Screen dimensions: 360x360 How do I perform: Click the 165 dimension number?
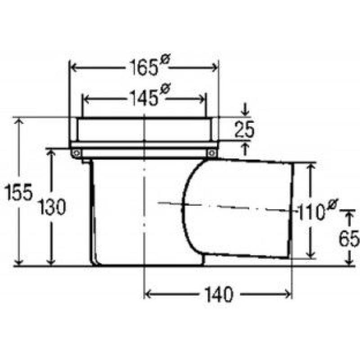144,67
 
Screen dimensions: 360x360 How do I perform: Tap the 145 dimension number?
144,98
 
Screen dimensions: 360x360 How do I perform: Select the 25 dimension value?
245,129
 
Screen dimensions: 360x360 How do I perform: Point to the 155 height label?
19,192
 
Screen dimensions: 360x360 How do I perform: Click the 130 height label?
52,207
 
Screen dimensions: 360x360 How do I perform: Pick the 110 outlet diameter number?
311,212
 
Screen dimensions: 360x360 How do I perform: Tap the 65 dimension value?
349,239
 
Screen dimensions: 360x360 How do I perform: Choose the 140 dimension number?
219,295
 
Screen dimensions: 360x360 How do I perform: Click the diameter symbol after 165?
165,61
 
